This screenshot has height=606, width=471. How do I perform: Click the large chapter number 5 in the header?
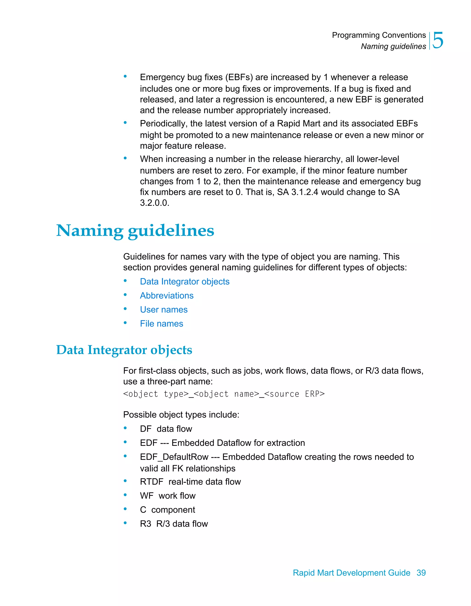pos(438,40)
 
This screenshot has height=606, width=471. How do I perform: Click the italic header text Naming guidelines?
pos(393,46)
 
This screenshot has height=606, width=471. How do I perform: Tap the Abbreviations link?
pos(167,296)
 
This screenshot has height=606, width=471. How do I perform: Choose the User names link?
pos(164,309)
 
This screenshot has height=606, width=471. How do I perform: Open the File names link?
pos(161,324)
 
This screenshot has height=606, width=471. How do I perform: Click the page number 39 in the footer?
pos(421,572)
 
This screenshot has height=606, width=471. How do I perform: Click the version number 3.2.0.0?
pos(154,203)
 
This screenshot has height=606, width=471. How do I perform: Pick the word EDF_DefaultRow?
pos(174,457)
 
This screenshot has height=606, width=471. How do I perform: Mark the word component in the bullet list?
pos(173,510)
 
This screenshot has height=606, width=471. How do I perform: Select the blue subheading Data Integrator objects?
pos(124,350)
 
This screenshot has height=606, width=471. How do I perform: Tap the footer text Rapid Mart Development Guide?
pos(351,572)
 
